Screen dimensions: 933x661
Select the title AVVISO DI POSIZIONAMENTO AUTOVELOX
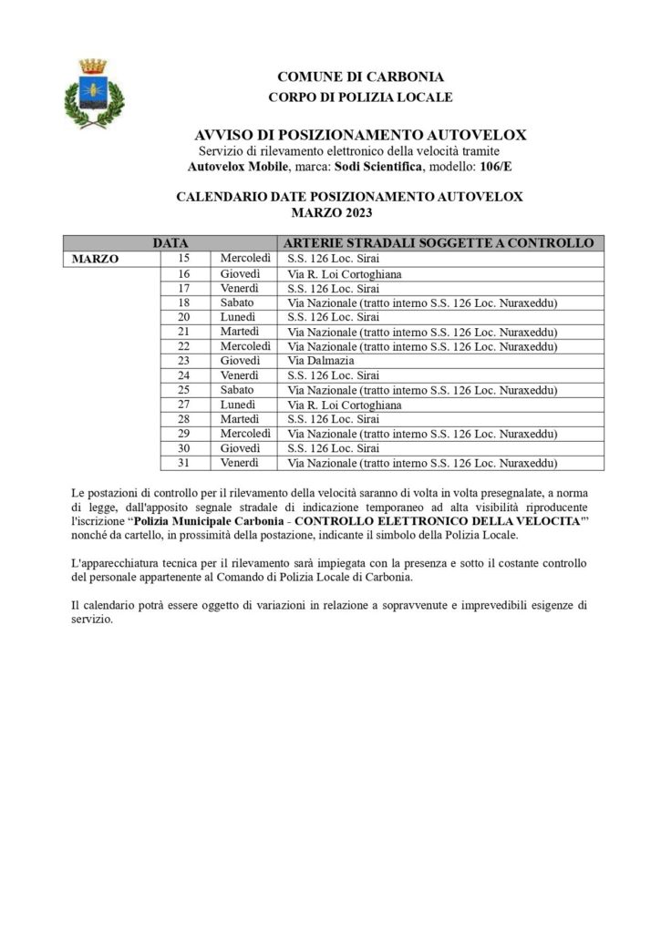coord(361,135)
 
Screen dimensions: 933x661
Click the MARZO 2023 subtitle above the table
coord(332,212)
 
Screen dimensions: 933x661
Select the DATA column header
coord(170,244)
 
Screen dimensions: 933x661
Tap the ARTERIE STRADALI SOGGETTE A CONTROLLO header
coord(439,244)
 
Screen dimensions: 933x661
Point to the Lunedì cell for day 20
coord(238,317)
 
